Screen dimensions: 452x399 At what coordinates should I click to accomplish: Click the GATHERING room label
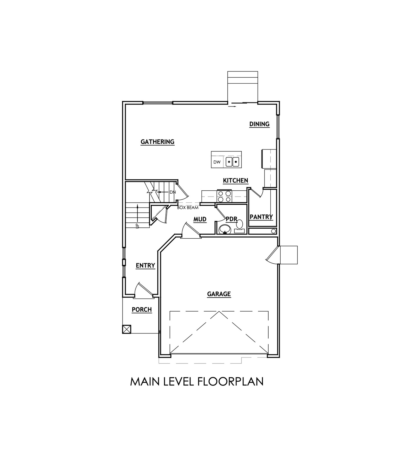point(157,142)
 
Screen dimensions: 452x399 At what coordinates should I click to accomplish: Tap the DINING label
point(259,124)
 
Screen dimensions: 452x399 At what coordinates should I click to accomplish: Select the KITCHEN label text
point(235,181)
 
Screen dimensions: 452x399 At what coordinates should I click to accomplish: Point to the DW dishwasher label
point(217,162)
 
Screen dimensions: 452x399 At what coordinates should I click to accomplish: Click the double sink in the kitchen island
point(232,162)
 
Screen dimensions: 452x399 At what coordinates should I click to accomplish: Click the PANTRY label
point(261,217)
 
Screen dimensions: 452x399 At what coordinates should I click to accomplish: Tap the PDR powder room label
point(231,219)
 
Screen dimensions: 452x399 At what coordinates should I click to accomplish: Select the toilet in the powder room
point(240,224)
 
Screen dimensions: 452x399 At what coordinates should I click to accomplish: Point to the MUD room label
point(200,220)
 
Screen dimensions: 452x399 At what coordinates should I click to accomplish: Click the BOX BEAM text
point(188,208)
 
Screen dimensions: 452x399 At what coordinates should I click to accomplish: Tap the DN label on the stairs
point(172,192)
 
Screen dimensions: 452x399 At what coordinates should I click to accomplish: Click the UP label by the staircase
point(137,225)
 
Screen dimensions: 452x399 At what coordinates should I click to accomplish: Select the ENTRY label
point(145,266)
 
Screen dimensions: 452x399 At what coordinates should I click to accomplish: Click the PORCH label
point(142,310)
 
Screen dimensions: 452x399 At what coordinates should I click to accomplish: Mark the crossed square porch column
point(126,329)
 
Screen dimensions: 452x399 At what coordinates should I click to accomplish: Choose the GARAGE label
point(219,294)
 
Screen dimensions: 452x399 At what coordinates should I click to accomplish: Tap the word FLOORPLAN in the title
point(230,381)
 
